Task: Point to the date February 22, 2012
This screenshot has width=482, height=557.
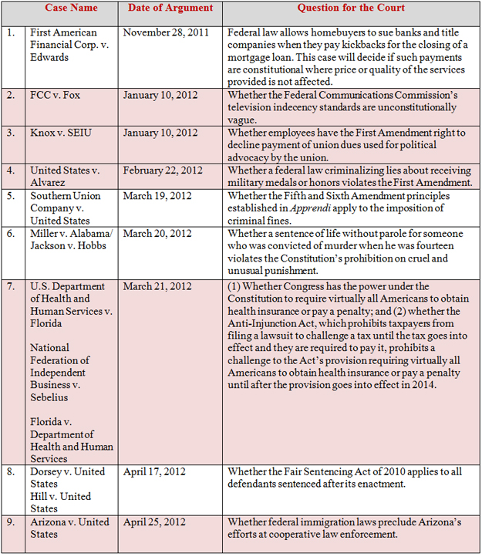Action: [158, 170]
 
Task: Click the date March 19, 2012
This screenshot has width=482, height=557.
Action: [154, 196]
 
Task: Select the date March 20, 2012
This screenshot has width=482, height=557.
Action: [154, 233]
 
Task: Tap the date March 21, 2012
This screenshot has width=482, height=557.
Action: [154, 287]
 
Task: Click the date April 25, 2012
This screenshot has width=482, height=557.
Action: [153, 522]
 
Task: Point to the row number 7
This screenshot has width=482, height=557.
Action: [11, 287]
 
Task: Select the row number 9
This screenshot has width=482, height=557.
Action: [11, 522]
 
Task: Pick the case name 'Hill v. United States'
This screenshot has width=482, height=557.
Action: [60, 502]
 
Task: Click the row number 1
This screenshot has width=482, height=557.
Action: [11, 34]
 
